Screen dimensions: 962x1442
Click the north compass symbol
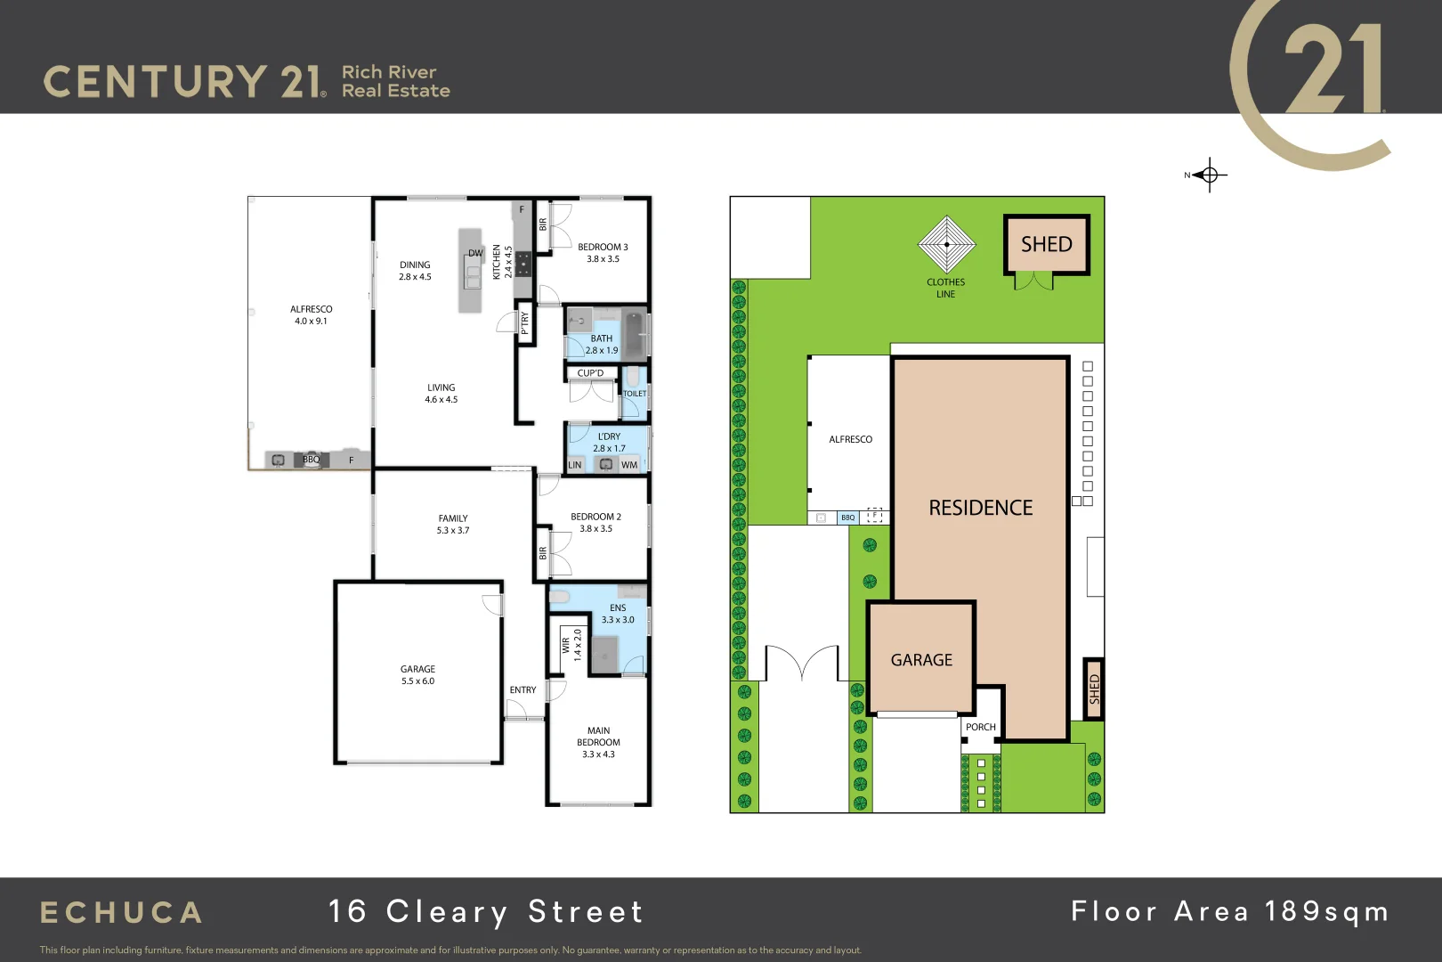[1208, 175]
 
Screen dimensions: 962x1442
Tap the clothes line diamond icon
[946, 244]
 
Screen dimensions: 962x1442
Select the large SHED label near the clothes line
[1046, 244]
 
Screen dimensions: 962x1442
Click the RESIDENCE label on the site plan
[980, 508]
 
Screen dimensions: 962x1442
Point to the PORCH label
[980, 727]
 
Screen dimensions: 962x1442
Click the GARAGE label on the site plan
[921, 660]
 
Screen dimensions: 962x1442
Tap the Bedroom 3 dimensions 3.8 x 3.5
[603, 259]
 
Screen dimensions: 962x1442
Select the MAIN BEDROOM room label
[598, 737]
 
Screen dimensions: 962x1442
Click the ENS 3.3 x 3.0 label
[618, 614]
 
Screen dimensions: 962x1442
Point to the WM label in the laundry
[629, 465]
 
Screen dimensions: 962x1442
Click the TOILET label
[635, 394]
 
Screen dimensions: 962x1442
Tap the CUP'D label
[590, 373]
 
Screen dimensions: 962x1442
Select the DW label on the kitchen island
[475, 253]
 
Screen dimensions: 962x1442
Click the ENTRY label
[523, 690]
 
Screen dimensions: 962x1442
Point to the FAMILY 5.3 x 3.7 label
[452, 524]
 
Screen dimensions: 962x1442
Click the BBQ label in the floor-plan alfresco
[311, 460]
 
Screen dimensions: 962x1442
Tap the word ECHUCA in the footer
[122, 913]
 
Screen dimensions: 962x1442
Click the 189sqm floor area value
[1326, 911]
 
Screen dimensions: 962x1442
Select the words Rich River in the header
[389, 72]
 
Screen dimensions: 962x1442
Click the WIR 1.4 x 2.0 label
[571, 644]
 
